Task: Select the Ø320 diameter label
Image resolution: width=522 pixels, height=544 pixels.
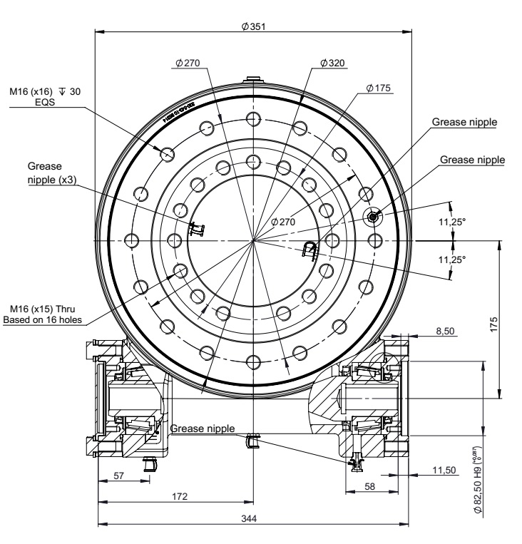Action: (332, 63)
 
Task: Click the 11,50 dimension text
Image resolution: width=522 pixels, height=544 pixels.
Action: (444, 468)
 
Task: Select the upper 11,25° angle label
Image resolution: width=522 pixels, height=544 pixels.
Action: (451, 222)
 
